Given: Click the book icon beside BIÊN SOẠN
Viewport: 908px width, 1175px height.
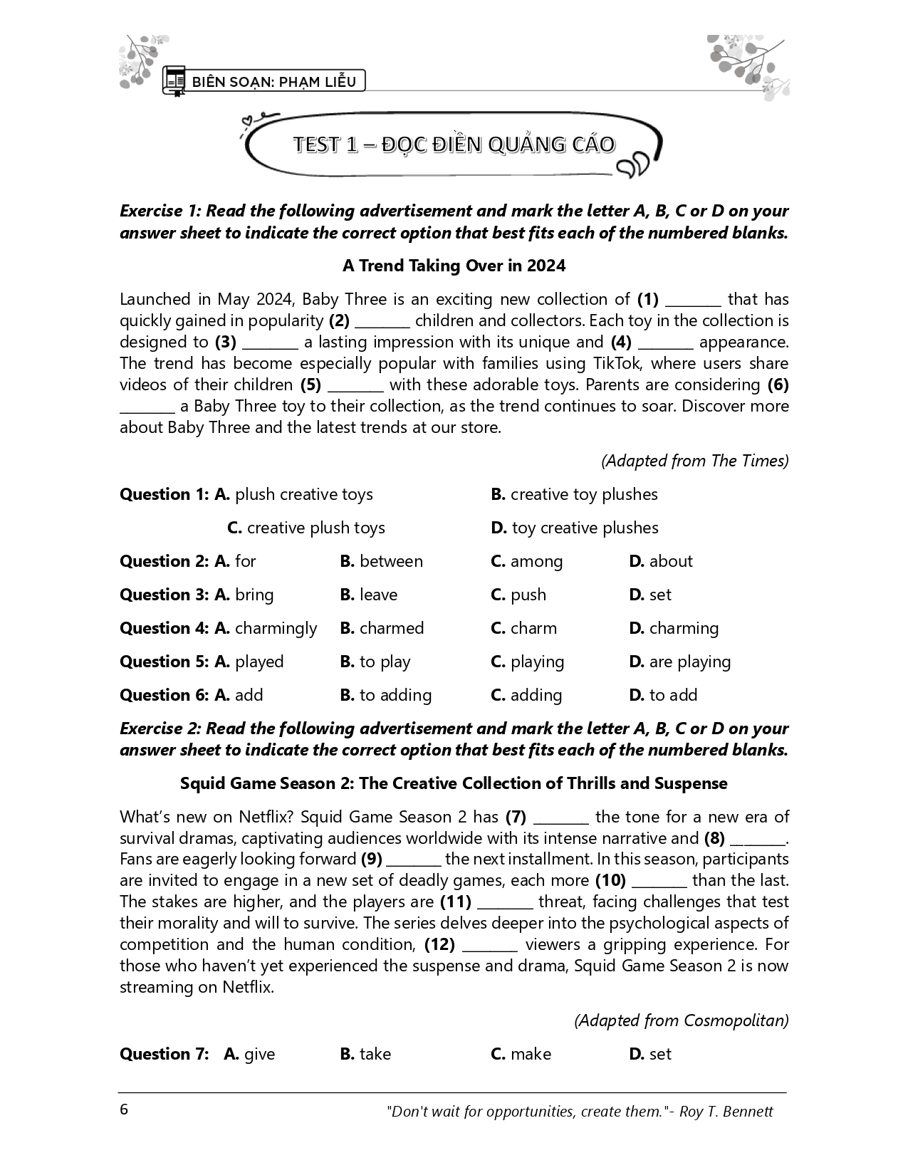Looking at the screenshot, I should pyautogui.click(x=174, y=80).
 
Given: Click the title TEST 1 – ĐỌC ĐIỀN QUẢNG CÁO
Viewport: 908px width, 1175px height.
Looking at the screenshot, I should pyautogui.click(x=454, y=145).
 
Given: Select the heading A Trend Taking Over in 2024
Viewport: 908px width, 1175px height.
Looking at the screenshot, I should pyautogui.click(x=454, y=266).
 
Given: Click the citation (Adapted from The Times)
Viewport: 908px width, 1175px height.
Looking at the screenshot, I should pyautogui.click(x=694, y=461).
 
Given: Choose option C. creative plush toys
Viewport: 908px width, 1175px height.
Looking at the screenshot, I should pyautogui.click(x=306, y=528).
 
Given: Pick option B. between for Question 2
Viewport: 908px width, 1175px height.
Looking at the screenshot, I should pyautogui.click(x=381, y=561).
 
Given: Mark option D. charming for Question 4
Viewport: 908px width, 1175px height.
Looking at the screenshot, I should pyautogui.click(x=674, y=628).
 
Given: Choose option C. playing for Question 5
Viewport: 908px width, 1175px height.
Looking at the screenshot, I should pyautogui.click(x=527, y=662).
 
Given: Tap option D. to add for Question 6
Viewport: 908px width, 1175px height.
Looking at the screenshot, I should pyautogui.click(x=663, y=695).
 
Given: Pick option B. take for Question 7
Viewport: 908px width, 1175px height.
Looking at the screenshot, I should pyautogui.click(x=365, y=1054).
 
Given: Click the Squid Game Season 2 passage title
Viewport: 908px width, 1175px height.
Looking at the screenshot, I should pyautogui.click(x=454, y=783).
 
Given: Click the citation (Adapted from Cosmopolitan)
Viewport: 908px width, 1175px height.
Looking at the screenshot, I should pyautogui.click(x=682, y=1020).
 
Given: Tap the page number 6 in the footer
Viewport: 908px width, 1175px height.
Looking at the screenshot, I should pyautogui.click(x=125, y=1110).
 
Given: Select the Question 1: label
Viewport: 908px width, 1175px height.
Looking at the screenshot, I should pyautogui.click(x=165, y=494).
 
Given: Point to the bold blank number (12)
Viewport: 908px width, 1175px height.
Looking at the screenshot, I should pyautogui.click(x=439, y=944).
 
